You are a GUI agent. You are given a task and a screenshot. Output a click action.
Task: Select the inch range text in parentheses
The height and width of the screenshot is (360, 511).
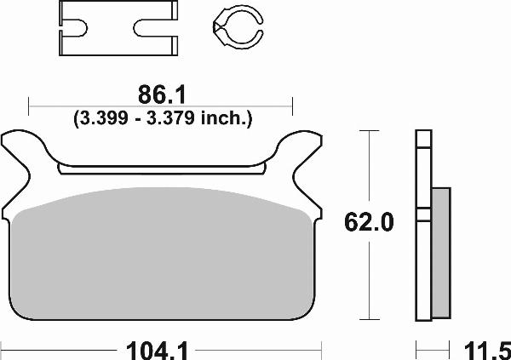pos(161,118)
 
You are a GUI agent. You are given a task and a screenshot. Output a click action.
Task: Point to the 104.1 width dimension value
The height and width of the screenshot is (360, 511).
pos(161,347)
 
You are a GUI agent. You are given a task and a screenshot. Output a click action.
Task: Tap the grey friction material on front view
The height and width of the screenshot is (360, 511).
pos(161,255)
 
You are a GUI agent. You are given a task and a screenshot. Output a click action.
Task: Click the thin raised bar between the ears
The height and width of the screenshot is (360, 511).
pos(161,169)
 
